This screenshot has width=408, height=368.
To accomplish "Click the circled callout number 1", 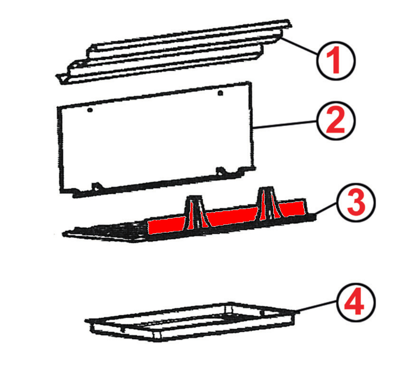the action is (x=336, y=60).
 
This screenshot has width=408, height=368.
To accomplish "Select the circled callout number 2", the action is (x=336, y=120).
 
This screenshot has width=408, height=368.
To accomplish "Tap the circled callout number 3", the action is (x=356, y=202).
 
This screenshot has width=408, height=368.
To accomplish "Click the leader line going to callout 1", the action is (x=299, y=46).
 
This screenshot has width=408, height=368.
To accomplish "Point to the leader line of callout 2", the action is (x=285, y=124).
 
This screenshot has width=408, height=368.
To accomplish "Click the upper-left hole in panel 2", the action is (x=90, y=110).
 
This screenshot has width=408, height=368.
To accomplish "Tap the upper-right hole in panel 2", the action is (x=220, y=93).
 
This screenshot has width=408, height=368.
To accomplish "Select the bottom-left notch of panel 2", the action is (x=97, y=186).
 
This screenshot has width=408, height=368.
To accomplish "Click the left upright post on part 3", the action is (x=195, y=212).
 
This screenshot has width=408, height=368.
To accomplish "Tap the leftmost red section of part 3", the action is (x=167, y=225).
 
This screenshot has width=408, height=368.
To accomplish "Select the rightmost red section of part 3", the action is (x=291, y=208).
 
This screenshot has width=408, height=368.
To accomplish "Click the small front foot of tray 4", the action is (x=157, y=335).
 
